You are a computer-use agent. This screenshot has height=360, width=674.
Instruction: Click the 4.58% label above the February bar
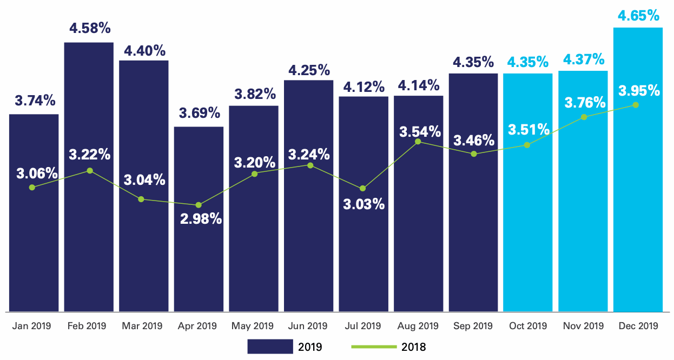[89, 28]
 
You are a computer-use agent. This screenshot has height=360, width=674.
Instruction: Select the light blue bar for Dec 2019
[638, 216]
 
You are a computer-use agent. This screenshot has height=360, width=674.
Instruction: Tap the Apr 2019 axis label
[198, 326]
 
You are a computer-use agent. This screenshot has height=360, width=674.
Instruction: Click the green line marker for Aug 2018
[418, 142]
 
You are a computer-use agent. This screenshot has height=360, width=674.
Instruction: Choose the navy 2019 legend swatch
[269, 346]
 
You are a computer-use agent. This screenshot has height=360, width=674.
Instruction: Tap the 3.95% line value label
[638, 90]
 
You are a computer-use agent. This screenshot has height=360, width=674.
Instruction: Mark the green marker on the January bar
[32, 187]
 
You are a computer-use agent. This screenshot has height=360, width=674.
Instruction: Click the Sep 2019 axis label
[473, 326]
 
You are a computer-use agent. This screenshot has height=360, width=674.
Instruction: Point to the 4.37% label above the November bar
[583, 59]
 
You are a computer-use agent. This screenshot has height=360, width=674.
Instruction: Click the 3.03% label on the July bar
[364, 204]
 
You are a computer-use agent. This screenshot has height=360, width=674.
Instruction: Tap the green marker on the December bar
[636, 105]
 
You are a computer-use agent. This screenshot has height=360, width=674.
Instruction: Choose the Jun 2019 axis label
[308, 326]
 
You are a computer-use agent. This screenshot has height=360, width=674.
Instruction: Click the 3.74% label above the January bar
[34, 101]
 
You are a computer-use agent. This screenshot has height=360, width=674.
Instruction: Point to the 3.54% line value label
[420, 131]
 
